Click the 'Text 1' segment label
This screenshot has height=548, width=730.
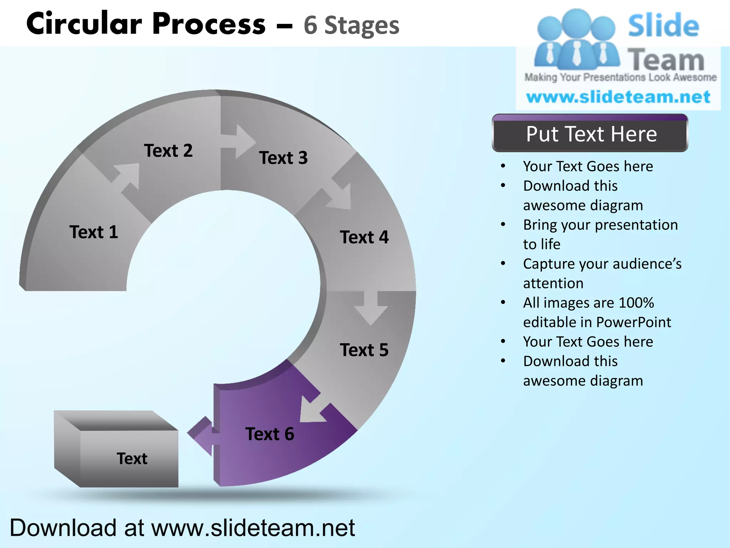click(94, 232)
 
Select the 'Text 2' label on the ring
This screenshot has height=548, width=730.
click(168, 151)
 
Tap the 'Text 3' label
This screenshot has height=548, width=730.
click(283, 158)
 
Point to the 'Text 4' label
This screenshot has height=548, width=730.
click(364, 237)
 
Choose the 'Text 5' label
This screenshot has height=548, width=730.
click(364, 350)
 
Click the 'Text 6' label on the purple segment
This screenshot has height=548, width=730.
click(270, 434)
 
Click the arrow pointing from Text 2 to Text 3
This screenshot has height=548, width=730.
click(238, 141)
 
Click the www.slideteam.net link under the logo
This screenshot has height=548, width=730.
click(618, 97)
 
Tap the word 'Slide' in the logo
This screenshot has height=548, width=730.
click(663, 26)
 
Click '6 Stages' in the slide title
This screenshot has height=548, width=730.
click(351, 26)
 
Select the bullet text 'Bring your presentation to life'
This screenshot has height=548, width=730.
click(600, 234)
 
